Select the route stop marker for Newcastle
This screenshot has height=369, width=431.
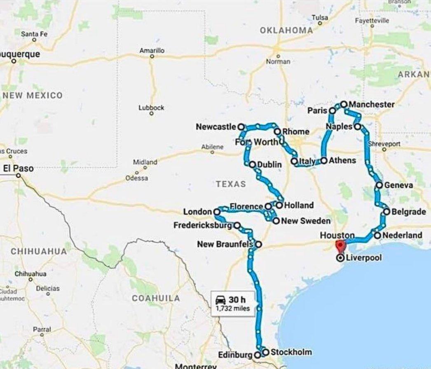[x=241, y=127]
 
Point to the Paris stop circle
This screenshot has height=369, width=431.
[x=332, y=111]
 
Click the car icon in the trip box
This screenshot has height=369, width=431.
[x=220, y=300]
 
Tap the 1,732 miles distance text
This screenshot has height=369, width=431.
[x=233, y=308]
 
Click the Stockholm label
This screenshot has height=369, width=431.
[x=291, y=352]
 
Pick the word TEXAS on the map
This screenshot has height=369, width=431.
[x=231, y=184]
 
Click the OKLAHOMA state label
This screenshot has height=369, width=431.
[x=286, y=30]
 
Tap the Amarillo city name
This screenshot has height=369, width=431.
[x=152, y=50]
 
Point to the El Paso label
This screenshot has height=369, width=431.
[x=18, y=168]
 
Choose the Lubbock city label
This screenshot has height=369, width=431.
[x=151, y=108]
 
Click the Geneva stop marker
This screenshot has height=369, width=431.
[x=379, y=186]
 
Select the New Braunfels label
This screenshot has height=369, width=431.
[x=225, y=244]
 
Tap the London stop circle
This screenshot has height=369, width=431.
[x=217, y=212]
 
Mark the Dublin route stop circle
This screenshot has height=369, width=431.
[x=253, y=165]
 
